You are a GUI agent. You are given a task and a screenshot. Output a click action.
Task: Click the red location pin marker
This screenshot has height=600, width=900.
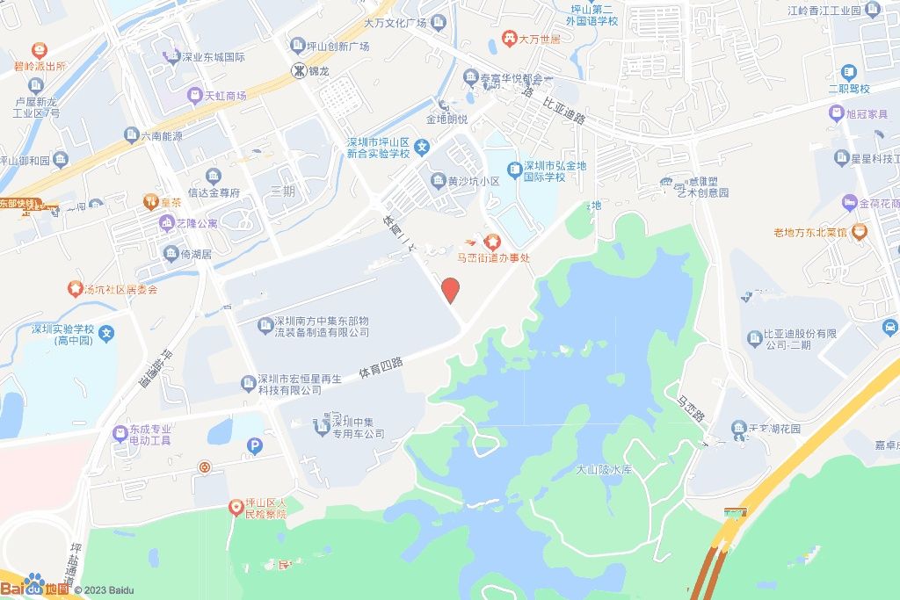[450, 290]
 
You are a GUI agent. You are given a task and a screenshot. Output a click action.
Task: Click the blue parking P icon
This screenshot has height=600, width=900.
[256, 446]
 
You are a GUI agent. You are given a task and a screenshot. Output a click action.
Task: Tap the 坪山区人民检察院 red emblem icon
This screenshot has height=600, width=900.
[235, 507]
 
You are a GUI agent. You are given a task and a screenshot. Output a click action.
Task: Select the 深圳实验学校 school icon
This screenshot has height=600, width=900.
[106, 333]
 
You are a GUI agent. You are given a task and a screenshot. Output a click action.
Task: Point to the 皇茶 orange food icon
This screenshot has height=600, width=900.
[150, 202]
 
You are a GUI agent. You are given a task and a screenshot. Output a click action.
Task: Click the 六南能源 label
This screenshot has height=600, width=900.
[160, 136]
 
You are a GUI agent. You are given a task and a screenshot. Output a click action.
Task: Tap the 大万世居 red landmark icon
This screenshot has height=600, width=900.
[508, 39]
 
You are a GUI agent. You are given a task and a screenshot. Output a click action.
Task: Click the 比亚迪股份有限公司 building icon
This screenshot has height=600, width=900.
[753, 338]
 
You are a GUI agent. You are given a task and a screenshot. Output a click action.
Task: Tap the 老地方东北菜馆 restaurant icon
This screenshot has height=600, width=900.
[859, 232]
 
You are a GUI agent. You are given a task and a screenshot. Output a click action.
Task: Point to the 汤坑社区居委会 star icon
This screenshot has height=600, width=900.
[74, 288]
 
